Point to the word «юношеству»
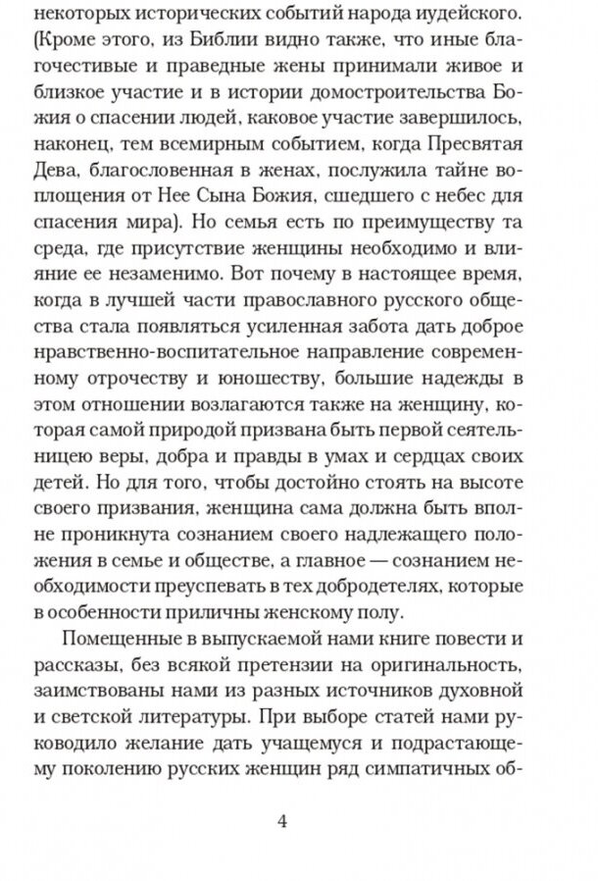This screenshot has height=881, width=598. (x=244, y=376)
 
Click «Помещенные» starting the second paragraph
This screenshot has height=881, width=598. (x=120, y=638)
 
